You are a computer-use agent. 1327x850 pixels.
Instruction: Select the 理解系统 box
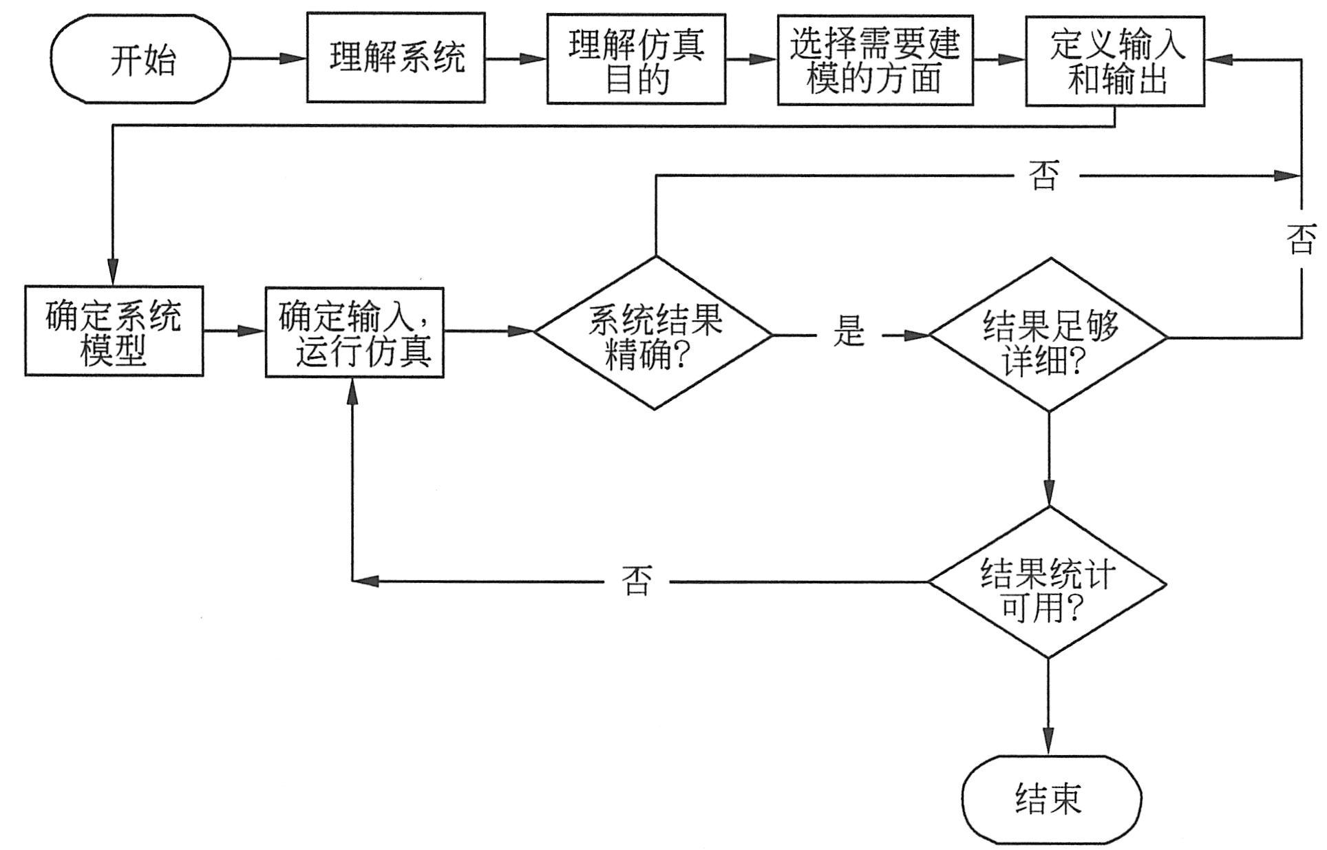(x=396, y=58)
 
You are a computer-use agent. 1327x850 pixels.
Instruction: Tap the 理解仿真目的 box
(x=636, y=59)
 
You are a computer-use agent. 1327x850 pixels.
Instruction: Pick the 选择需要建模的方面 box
(x=875, y=60)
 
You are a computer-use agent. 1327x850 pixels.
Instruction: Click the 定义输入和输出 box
(x=1115, y=60)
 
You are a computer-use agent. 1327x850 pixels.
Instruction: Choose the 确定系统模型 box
(x=114, y=331)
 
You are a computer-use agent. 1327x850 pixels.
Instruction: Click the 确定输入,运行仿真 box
(x=354, y=332)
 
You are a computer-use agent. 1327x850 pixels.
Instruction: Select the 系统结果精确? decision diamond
(x=655, y=333)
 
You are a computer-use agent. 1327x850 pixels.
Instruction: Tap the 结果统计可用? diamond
(x=1048, y=583)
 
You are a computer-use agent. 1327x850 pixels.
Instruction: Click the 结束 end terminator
(x=1051, y=799)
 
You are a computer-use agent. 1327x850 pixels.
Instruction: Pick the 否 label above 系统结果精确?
(x=1043, y=176)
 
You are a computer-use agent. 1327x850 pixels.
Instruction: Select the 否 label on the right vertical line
(x=1301, y=240)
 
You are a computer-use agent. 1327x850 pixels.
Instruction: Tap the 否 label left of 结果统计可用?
(x=635, y=581)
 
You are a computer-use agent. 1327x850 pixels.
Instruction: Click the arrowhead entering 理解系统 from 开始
(x=295, y=59)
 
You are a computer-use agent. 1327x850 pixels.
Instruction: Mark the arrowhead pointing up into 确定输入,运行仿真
(x=352, y=390)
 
